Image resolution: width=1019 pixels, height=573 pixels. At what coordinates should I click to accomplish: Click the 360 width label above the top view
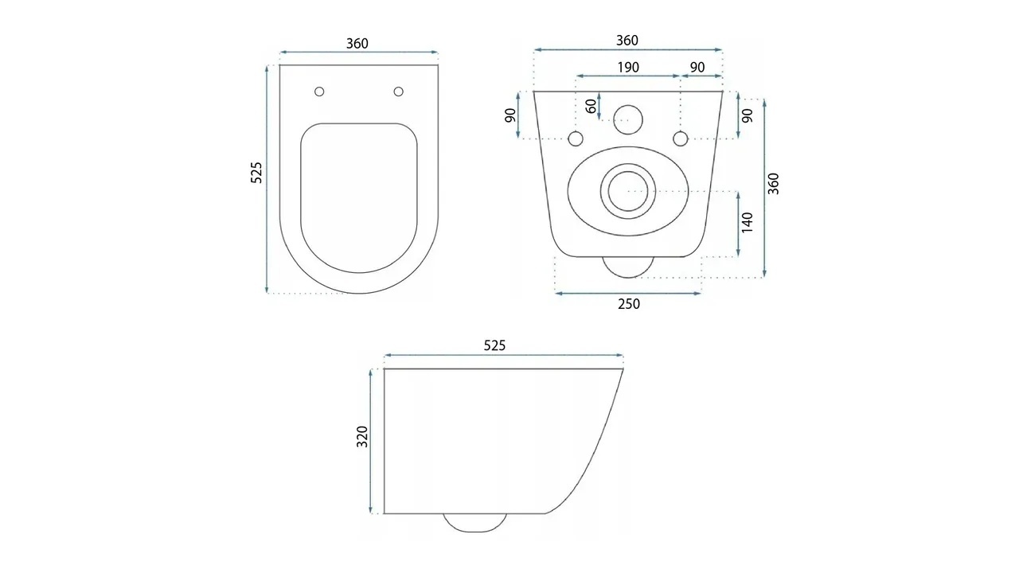[x=357, y=44]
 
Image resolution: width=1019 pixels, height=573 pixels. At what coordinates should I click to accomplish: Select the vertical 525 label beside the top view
[x=256, y=173]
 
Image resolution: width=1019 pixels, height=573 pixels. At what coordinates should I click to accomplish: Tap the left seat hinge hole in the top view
[x=319, y=92]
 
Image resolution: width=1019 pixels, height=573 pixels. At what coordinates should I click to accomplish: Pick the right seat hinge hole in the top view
[x=399, y=92]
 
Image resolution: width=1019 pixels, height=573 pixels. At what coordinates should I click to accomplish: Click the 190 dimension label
[x=628, y=68]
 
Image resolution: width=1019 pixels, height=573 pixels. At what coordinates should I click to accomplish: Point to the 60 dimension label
[x=591, y=107]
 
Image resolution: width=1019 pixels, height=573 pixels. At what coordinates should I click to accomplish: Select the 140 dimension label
[x=748, y=223]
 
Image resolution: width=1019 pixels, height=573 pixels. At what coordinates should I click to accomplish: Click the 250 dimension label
[x=629, y=304]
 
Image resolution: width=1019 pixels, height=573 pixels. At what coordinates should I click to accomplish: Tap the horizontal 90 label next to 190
[x=697, y=68]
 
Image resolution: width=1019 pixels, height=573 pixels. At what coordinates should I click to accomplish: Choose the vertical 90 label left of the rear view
[x=511, y=115]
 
